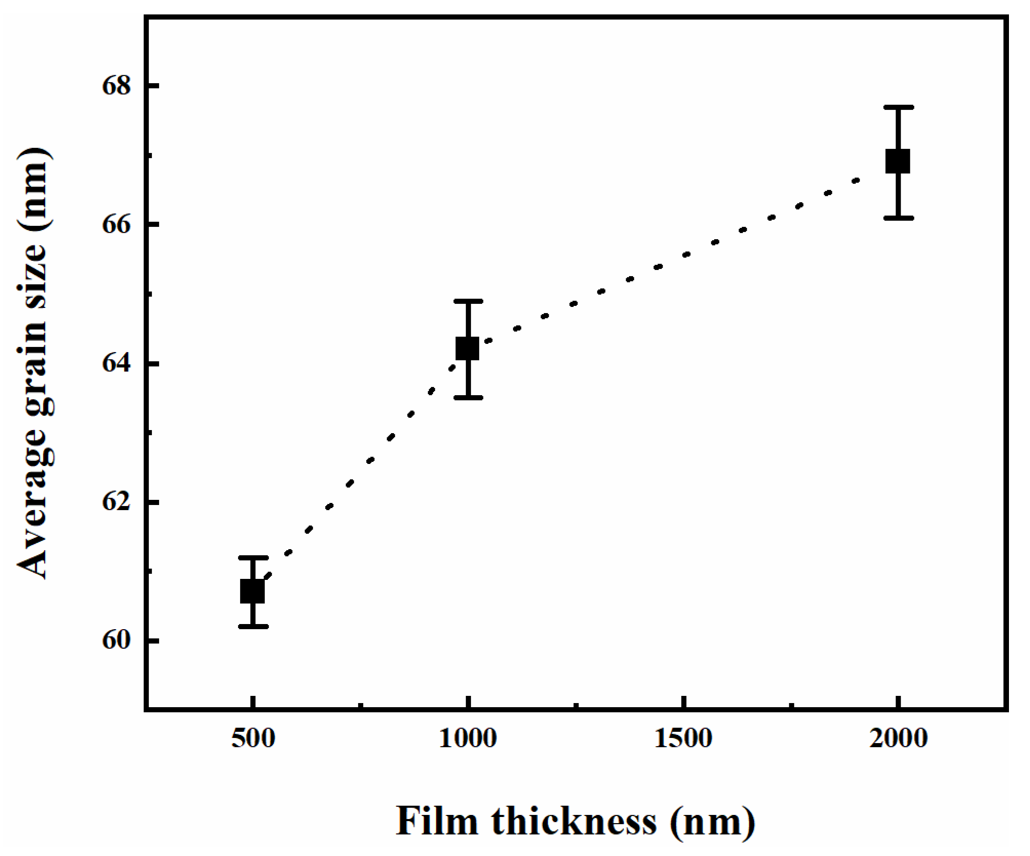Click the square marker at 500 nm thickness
pyautogui.click(x=252, y=591)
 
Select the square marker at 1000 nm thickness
pyautogui.click(x=467, y=348)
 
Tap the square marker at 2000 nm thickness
pyautogui.click(x=898, y=162)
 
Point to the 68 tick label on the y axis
pyautogui.click(x=117, y=86)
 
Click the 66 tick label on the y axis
pyautogui.click(x=117, y=225)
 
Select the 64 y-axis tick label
pyautogui.click(x=117, y=364)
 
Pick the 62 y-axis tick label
pyautogui.click(x=117, y=502)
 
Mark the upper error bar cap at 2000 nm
pyautogui.click(x=898, y=107)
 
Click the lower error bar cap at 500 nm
pyautogui.click(x=253, y=626)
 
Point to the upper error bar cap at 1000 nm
pyautogui.click(x=468, y=301)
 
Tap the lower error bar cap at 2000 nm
pyautogui.click(x=898, y=218)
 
